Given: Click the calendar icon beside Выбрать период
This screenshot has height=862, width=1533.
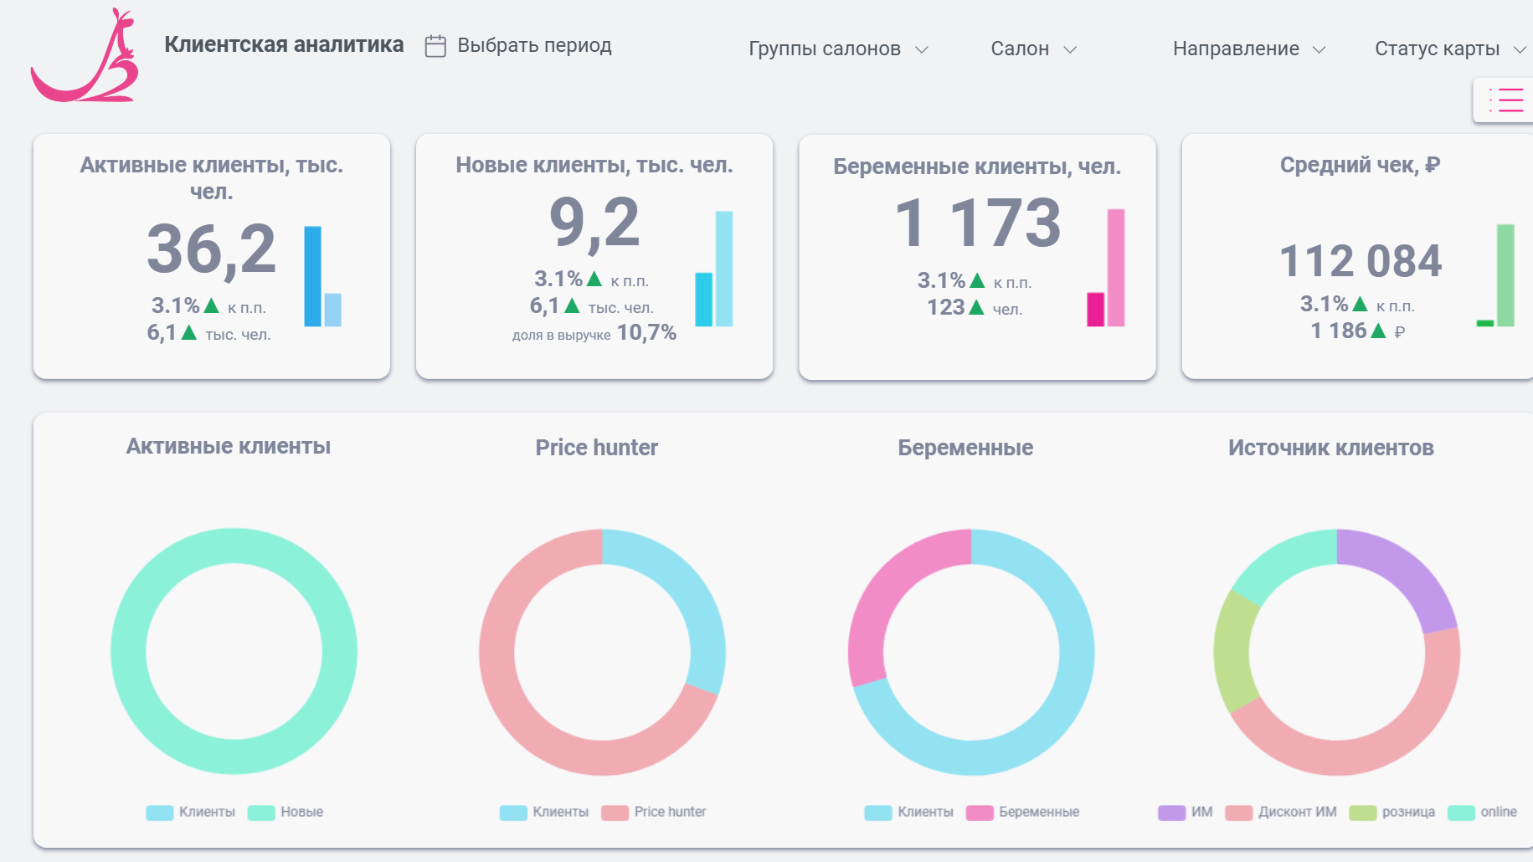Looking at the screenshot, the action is point(435,46).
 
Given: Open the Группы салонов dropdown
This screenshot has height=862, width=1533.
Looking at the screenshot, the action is point(838,49).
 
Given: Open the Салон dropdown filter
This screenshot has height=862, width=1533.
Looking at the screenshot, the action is point(1033,49).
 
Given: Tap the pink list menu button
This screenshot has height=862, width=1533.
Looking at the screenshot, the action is point(1505,100).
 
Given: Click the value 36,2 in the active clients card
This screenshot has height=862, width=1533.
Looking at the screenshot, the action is point(211,249).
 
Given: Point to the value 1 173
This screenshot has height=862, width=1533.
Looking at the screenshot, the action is point(977,223).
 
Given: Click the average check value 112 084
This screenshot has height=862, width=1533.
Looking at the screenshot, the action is point(1361,260).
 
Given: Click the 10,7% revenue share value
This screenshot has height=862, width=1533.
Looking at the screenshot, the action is point(646,333).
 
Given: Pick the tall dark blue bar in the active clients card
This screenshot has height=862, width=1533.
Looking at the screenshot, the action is point(312,276).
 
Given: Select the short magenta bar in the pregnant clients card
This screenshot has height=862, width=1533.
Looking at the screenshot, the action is point(1095,309).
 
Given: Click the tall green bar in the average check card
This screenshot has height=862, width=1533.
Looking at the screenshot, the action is point(1505,275).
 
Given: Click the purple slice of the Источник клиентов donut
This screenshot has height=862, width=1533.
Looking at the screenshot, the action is point(1407,572).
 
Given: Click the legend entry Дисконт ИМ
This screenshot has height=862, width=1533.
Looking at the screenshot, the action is point(1281,813).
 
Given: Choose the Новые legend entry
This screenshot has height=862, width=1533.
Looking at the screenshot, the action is point(286,813).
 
